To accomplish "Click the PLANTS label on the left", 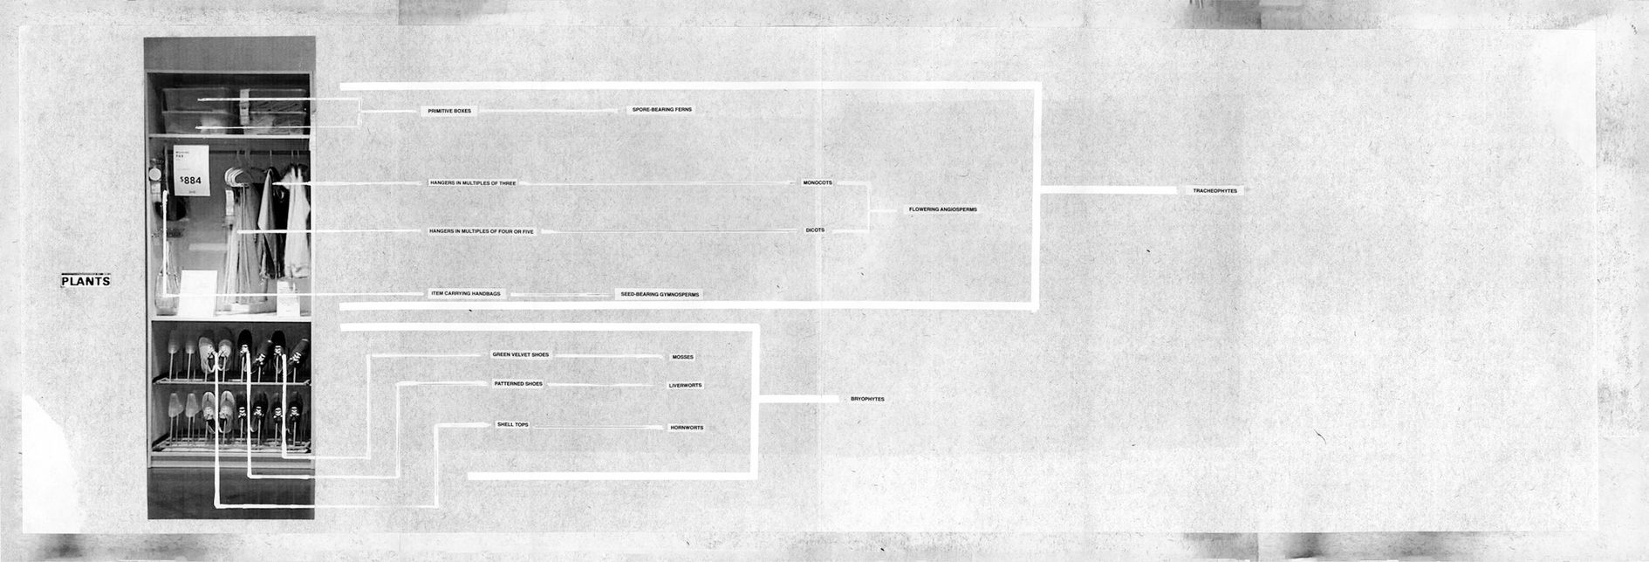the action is click(x=85, y=282).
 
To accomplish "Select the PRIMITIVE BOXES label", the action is click(x=449, y=112).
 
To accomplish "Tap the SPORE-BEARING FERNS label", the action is click(x=661, y=110).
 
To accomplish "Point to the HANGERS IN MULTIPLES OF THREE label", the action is click(x=473, y=183).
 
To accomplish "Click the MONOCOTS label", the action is click(x=818, y=183).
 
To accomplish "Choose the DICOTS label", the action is click(x=814, y=230).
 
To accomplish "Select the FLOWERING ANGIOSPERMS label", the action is click(x=942, y=209).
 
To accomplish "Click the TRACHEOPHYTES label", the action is click(x=1215, y=190).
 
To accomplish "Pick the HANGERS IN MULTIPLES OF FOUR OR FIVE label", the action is click(x=481, y=231).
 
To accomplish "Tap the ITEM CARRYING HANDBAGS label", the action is click(x=466, y=294).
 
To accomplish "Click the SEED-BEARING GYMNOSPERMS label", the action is click(x=660, y=295).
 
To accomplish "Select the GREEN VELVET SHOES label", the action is click(x=520, y=355).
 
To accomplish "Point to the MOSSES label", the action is click(x=682, y=357).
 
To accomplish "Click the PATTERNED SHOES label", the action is click(x=518, y=384).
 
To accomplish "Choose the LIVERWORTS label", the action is click(x=685, y=385).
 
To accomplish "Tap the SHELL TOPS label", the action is click(x=512, y=425).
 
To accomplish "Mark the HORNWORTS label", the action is click(x=686, y=428).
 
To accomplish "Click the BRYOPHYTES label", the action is click(x=867, y=399).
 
